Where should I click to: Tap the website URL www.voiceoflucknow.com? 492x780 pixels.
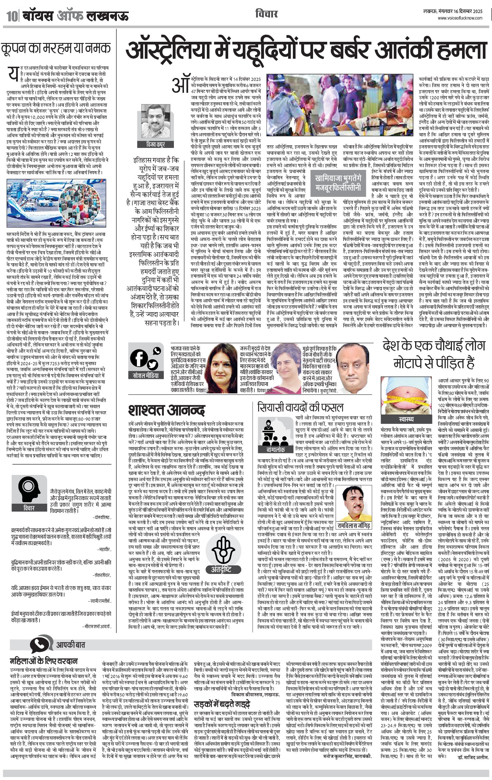pos(460,18)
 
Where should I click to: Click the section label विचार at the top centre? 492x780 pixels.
pos(266,14)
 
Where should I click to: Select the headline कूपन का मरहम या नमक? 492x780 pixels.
pos(56,48)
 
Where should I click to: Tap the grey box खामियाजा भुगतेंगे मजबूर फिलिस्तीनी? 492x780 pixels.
pos(338,182)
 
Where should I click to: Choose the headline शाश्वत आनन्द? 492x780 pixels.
pos(166,410)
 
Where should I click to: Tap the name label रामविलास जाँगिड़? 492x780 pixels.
pos(353,525)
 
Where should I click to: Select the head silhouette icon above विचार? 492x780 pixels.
pos(28,489)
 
